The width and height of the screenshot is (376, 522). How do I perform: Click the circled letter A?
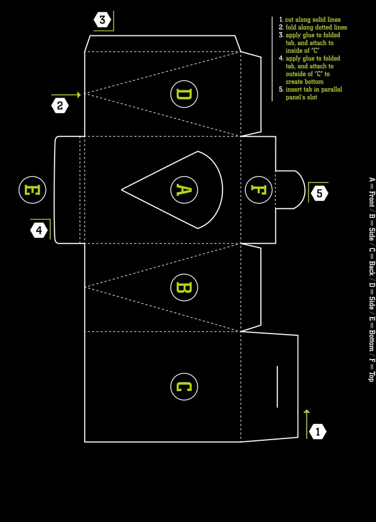(x=184, y=190)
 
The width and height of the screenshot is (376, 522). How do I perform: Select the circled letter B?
(x=184, y=288)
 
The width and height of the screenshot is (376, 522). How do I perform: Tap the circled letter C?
(x=184, y=386)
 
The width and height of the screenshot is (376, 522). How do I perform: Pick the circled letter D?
(x=184, y=94)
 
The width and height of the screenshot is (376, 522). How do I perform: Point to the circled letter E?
(x=33, y=190)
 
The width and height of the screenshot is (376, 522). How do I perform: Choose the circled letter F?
(x=259, y=190)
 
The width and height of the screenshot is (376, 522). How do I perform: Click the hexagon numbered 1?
(x=318, y=432)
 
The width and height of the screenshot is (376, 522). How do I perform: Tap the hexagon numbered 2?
(x=60, y=106)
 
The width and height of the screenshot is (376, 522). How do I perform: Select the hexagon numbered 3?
(x=102, y=20)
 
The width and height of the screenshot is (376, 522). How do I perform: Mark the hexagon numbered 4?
(x=39, y=230)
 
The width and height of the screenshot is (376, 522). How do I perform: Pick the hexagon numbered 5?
(x=319, y=193)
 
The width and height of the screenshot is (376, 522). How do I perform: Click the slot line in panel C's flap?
(x=277, y=386)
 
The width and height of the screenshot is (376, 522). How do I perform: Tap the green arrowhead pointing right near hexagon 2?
(x=79, y=95)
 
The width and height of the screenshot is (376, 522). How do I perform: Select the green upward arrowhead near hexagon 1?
(x=307, y=412)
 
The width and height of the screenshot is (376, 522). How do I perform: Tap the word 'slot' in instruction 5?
(x=312, y=97)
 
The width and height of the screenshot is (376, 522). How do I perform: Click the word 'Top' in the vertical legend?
(x=371, y=376)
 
